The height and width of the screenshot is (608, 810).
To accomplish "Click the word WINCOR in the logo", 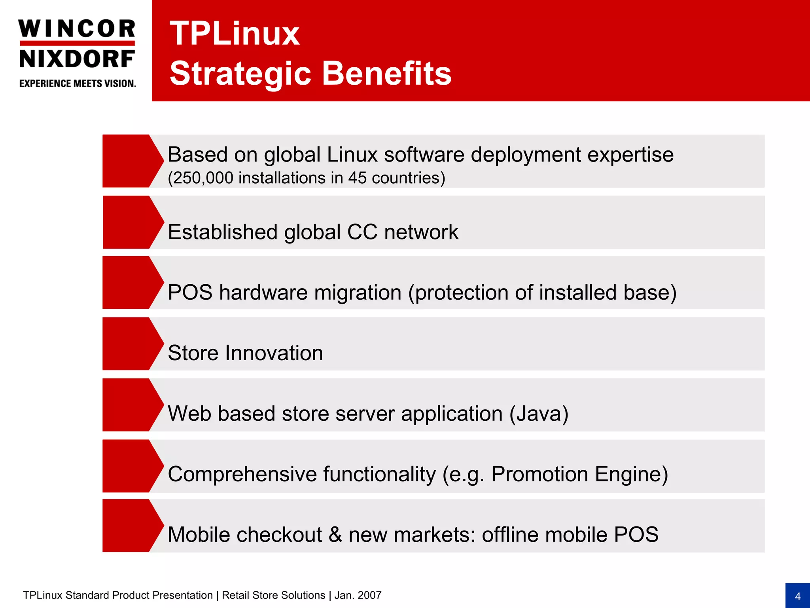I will coord(77,29).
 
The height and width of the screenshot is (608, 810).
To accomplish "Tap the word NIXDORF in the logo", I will coord(77,59).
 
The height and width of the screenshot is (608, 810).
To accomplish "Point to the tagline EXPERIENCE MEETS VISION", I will coord(78,84).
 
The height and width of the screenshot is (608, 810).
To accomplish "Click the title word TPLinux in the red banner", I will coord(235,34).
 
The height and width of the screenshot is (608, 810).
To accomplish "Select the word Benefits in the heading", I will coord(386,74).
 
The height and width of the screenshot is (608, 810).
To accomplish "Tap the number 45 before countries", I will coord(358,178).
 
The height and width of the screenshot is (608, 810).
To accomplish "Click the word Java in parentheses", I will coord(539,414).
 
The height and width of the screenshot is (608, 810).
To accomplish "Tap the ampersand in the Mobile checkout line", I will coord(335,535).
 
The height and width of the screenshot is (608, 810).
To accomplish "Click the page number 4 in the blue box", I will coord(797,596).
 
